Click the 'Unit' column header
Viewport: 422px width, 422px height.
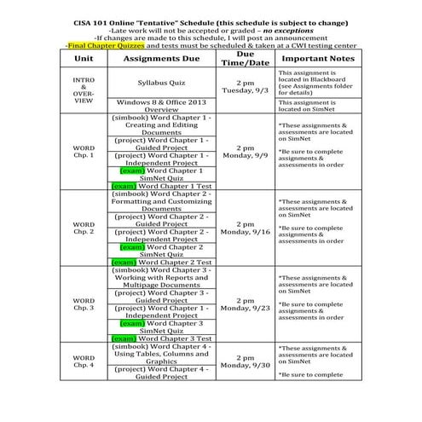(x=84, y=58)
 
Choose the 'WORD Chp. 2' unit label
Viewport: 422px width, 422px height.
(x=84, y=228)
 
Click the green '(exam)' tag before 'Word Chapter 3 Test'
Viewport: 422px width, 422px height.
(x=124, y=338)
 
